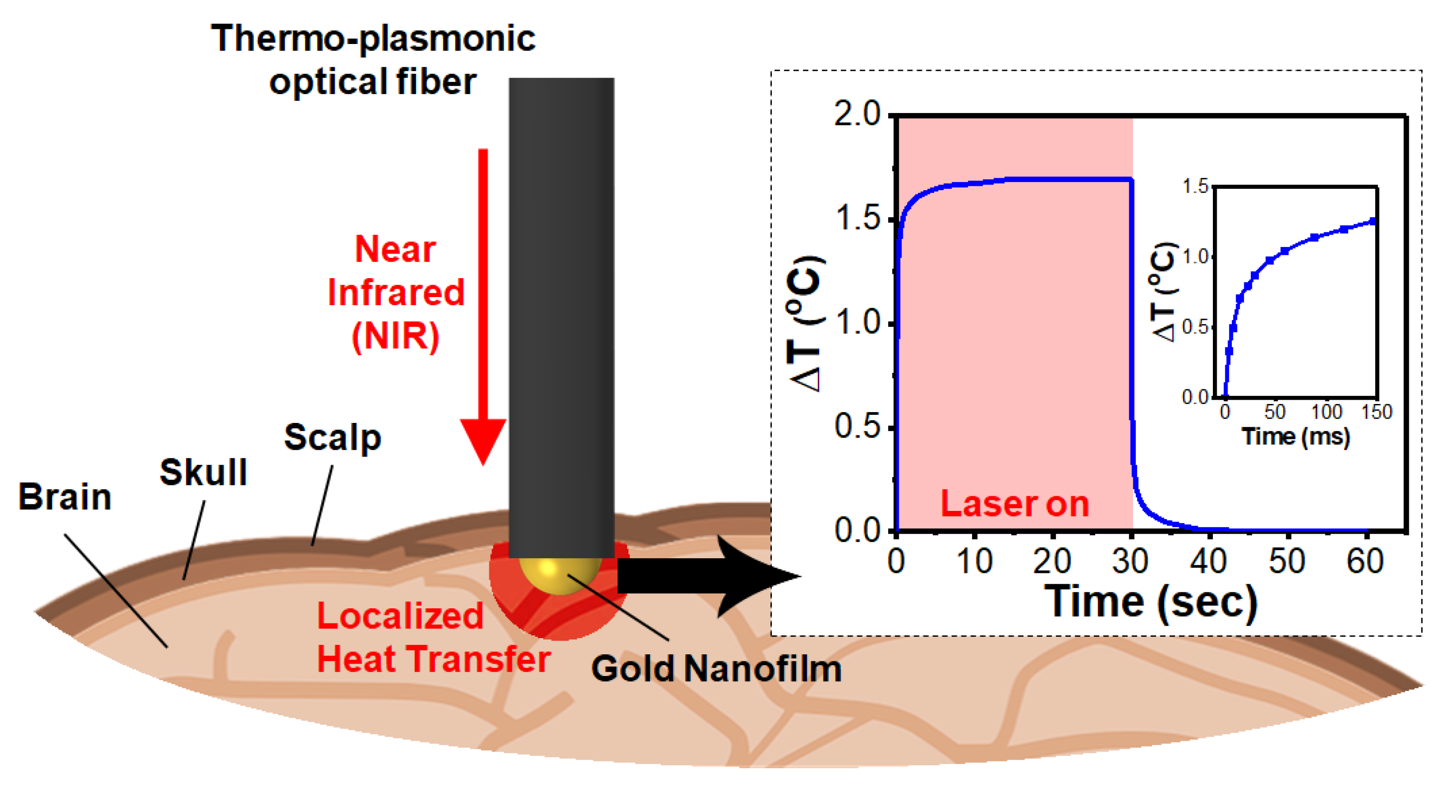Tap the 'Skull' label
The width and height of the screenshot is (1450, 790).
[203, 472]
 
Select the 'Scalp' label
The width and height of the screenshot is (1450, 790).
[333, 437]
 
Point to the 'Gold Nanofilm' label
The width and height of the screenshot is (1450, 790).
[716, 669]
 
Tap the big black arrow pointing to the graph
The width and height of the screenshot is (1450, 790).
[709, 576]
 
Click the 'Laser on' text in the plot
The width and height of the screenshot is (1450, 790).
[1014, 504]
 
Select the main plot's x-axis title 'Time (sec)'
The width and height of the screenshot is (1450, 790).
[1150, 602]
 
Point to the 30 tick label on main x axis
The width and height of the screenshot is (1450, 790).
[1130, 562]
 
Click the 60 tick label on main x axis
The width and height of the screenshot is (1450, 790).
[1365, 562]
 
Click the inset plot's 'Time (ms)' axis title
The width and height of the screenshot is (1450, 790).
[1296, 437]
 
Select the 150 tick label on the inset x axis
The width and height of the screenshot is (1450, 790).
[1376, 413]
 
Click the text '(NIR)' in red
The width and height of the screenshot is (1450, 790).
[395, 336]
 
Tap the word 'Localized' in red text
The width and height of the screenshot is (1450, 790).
[400, 616]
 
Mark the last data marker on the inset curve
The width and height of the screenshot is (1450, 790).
[1372, 221]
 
